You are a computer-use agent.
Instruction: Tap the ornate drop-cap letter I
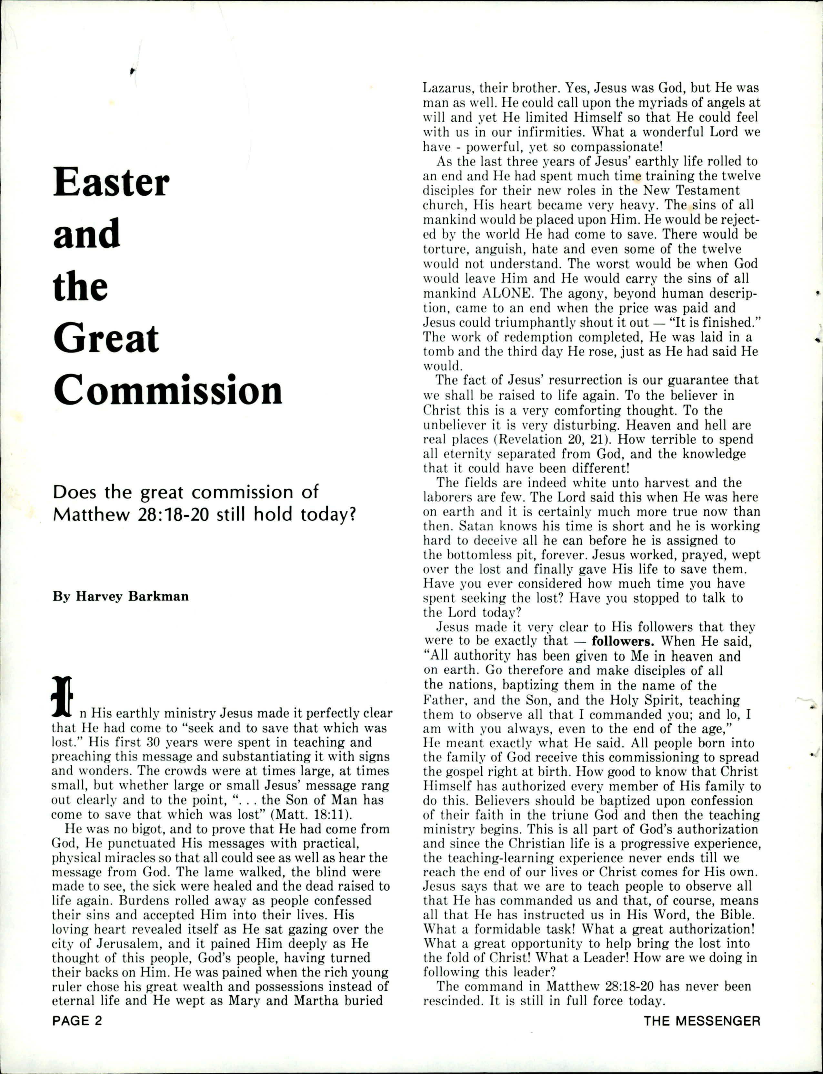coord(62,696)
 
